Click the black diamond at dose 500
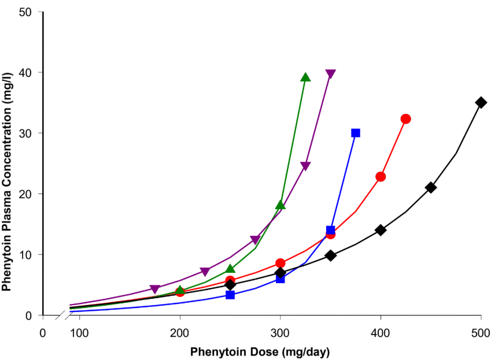point(481,102)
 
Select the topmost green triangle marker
point(305,77)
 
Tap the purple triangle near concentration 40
point(330,75)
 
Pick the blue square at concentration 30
point(356,133)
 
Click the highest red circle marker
point(405,119)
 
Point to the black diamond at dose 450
point(430,187)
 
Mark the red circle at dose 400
point(381,177)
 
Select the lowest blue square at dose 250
point(230,295)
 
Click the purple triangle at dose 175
point(154,290)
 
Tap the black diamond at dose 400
point(381,230)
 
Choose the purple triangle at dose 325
point(305,166)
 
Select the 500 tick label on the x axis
point(481,333)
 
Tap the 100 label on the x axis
point(79,333)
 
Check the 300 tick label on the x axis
point(280,333)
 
